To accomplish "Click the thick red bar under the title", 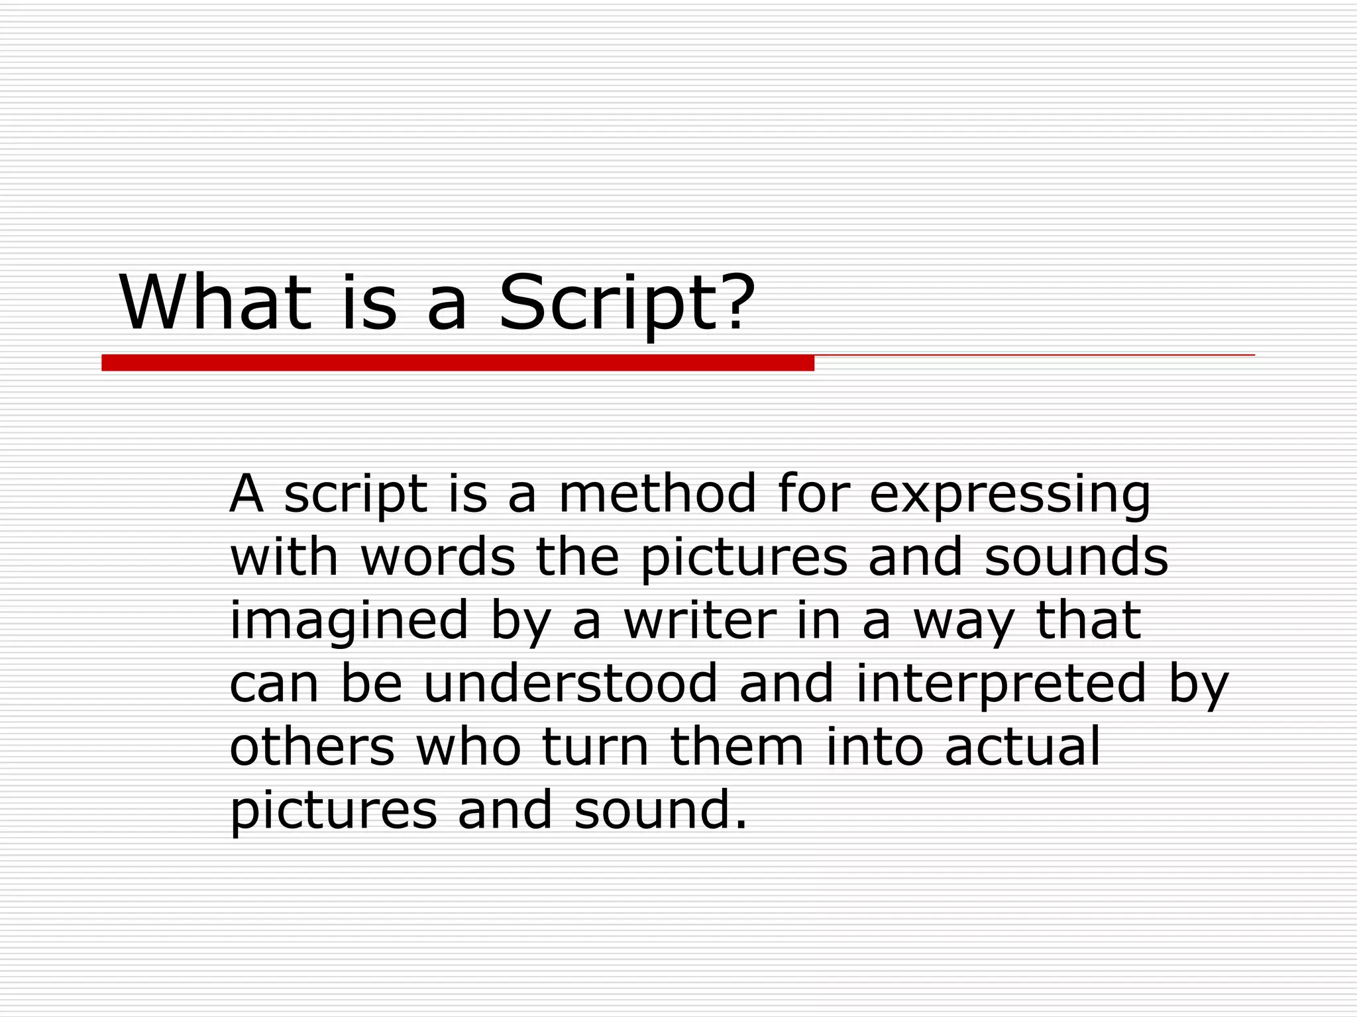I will (457, 363).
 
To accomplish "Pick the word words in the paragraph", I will (437, 557).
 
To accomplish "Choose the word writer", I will (699, 620).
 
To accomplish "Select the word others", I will (312, 747).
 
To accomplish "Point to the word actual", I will (1022, 747).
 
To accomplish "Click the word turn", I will (595, 747).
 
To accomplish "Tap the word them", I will (737, 747).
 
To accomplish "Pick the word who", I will (468, 747).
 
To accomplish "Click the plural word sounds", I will (1076, 557).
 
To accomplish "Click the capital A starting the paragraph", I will (246, 493).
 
